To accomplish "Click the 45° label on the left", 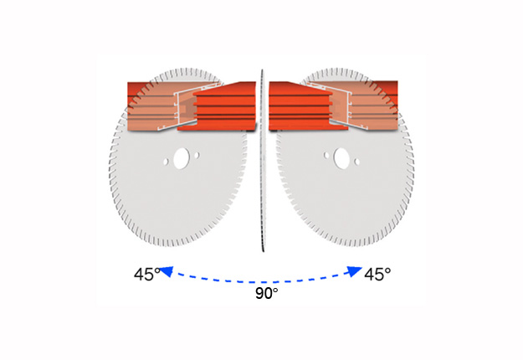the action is [x=147, y=275].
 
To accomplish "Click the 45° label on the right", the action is [x=377, y=275].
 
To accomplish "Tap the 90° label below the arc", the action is [x=266, y=293].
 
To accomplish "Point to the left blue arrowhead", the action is [x=167, y=271].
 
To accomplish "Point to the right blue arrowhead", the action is [x=355, y=271].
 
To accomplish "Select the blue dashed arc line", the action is [x=262, y=282].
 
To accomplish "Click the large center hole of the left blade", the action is [x=182, y=158].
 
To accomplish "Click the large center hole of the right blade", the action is [x=341, y=158].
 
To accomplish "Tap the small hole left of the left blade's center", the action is [x=166, y=162].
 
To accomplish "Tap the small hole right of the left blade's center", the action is [x=197, y=156].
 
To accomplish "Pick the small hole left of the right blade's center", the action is [x=326, y=156].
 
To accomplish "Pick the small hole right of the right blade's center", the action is [x=357, y=162].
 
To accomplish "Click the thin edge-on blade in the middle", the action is [x=262, y=160].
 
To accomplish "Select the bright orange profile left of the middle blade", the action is [x=220, y=106].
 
